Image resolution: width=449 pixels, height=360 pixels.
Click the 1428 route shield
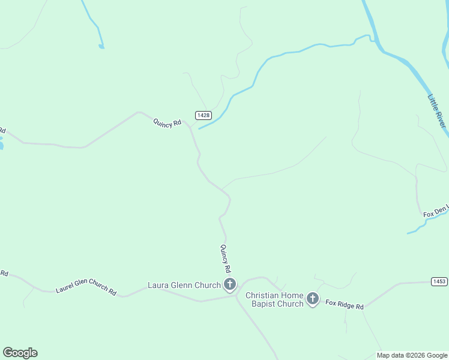point(203,115)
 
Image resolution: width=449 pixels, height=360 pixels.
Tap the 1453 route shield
point(439,281)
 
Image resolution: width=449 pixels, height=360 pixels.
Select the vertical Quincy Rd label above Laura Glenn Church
point(225,259)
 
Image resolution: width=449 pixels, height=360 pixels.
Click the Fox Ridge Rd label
point(345,305)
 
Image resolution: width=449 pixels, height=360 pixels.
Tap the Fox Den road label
point(436,212)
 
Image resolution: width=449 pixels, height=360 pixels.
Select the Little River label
point(437,110)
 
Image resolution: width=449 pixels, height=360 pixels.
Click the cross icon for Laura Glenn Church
point(229,285)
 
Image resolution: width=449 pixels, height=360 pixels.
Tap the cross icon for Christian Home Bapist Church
point(312,299)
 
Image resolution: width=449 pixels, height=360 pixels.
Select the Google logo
point(20,353)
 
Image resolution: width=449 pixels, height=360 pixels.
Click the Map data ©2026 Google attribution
point(412,355)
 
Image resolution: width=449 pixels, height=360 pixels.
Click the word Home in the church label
point(291,295)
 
